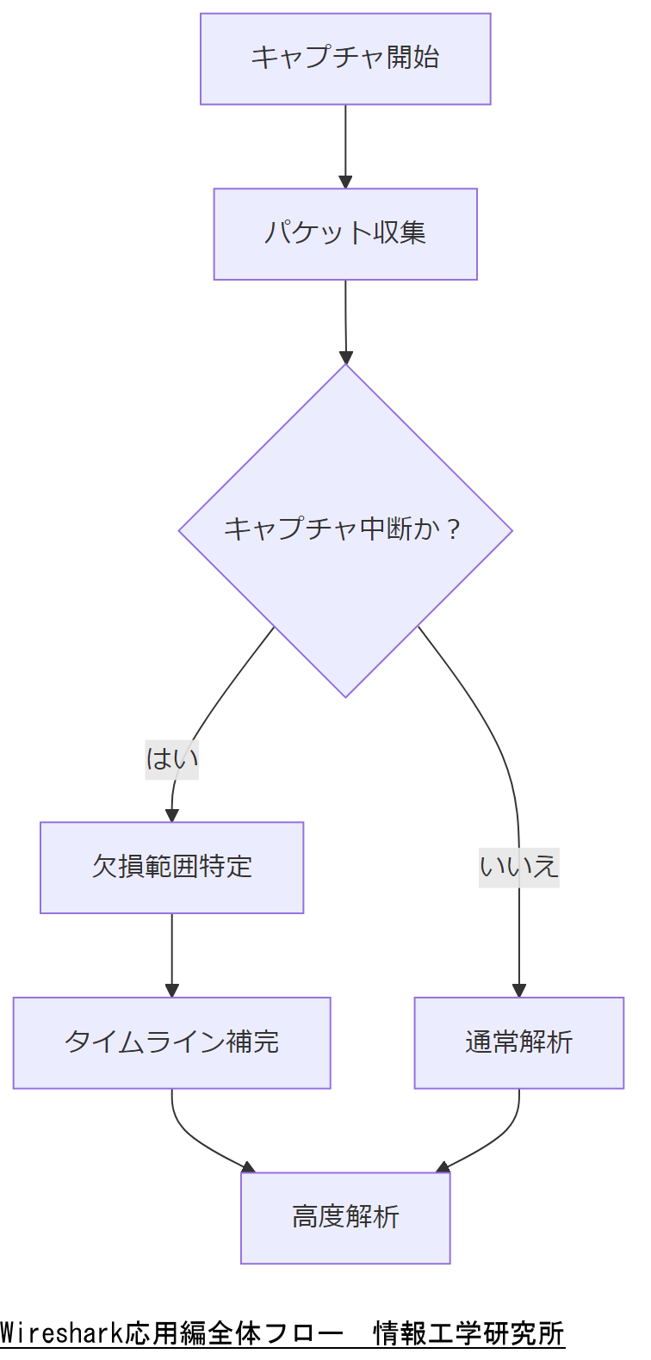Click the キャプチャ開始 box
pyautogui.click(x=345, y=59)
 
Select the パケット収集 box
pyautogui.click(x=345, y=234)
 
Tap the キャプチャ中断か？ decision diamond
pyautogui.click(x=345, y=530)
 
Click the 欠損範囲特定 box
pyautogui.click(x=172, y=867)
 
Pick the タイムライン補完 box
pyautogui.click(x=172, y=1042)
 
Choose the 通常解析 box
pyautogui.click(x=518, y=1042)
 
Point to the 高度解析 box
pyautogui.click(x=345, y=1218)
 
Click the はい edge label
pyautogui.click(x=172, y=759)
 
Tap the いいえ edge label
pyautogui.click(x=518, y=867)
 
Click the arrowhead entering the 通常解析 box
pyautogui.click(x=518, y=990)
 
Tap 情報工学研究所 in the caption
pyautogui.click(x=468, y=1333)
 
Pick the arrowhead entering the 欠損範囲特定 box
pyautogui.click(x=171, y=815)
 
